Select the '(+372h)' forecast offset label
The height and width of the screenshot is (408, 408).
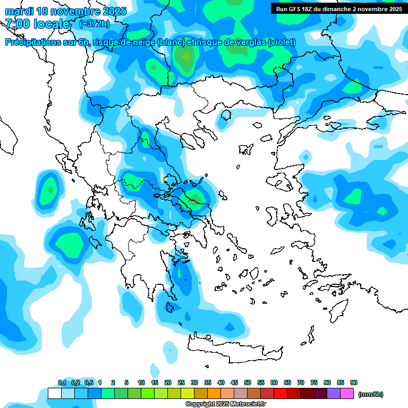(x=95, y=24)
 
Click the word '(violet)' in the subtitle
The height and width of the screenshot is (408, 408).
(x=278, y=42)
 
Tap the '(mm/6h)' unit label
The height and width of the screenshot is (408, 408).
(x=371, y=394)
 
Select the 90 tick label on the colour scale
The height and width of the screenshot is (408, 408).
(x=354, y=383)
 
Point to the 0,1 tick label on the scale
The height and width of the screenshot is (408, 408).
(x=62, y=383)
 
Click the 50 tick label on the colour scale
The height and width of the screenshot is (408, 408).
(x=248, y=383)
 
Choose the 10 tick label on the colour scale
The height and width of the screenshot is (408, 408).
(x=141, y=383)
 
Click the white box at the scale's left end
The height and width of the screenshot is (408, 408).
(x=54, y=394)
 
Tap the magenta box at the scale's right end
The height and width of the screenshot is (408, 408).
(x=347, y=394)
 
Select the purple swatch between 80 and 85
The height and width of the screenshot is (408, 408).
(x=334, y=394)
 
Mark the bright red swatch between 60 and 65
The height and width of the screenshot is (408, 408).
(x=280, y=394)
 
